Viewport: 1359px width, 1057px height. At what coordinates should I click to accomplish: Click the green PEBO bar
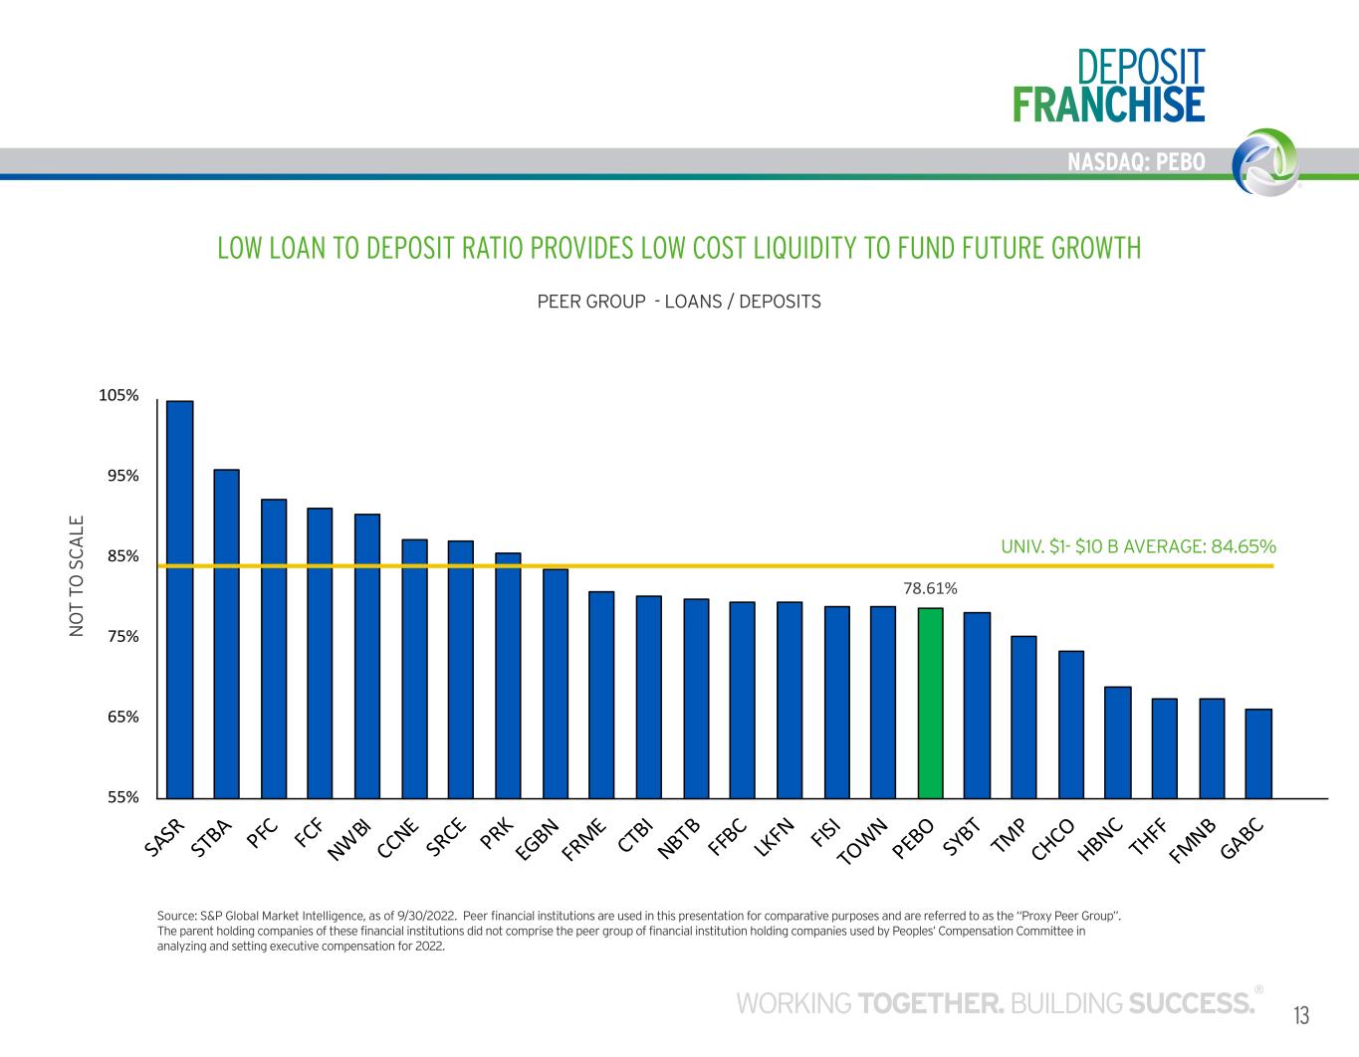930,703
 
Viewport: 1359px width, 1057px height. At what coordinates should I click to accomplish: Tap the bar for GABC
1258,753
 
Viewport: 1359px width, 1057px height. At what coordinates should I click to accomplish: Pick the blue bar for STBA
227,634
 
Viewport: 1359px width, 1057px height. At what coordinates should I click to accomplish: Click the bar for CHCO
1071,725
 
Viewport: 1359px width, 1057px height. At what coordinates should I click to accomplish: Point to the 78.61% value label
930,589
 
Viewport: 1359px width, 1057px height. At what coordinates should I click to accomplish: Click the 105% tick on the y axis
118,396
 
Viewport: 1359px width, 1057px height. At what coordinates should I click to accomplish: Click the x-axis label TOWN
862,842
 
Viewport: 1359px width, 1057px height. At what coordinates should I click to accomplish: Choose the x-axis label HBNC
1101,838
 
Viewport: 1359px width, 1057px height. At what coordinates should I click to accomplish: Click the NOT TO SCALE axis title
78,576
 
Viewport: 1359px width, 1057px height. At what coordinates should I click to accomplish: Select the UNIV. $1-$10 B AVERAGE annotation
1138,546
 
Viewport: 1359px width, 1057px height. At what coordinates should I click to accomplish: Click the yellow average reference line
697,565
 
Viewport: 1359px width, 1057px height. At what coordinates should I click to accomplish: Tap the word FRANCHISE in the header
1108,105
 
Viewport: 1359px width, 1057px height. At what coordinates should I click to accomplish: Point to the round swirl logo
1264,160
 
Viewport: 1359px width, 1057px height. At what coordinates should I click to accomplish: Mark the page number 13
1301,1015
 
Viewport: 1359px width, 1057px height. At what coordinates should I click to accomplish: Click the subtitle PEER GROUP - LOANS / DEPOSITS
679,301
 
